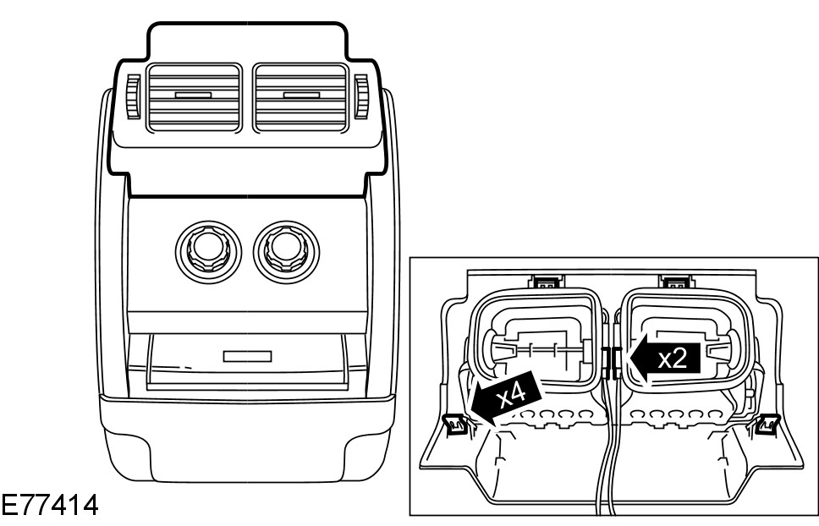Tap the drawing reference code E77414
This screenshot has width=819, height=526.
[x=49, y=507]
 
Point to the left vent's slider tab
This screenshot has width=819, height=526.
[x=194, y=95]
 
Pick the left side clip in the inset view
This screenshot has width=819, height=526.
[x=454, y=422]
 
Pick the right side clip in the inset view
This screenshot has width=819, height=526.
[x=768, y=422]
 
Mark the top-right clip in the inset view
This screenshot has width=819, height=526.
[x=678, y=282]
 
